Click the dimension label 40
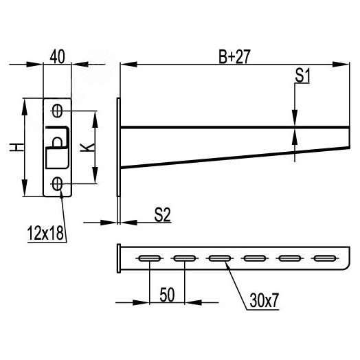pos(58,56)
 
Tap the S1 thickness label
pos(302,76)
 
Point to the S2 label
pos(163,214)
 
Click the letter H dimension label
pos(16,147)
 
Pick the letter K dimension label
pos(87,147)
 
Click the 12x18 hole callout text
pos(45,233)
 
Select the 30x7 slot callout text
pos(264,300)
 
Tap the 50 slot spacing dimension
pos(167,295)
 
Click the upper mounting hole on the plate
pos(57,111)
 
